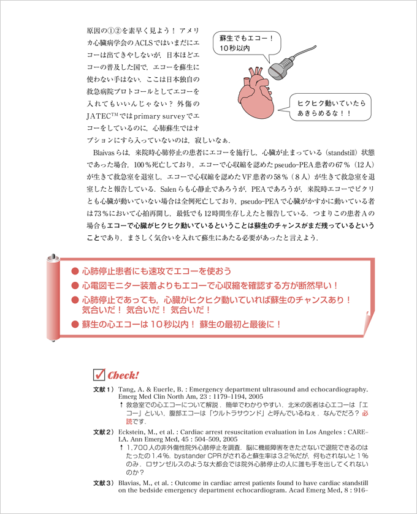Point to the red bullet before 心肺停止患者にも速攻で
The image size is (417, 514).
[75, 271]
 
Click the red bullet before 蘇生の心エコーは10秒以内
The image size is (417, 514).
[75, 324]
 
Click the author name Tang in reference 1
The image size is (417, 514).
[126, 389]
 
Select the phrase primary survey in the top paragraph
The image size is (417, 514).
[153, 115]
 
